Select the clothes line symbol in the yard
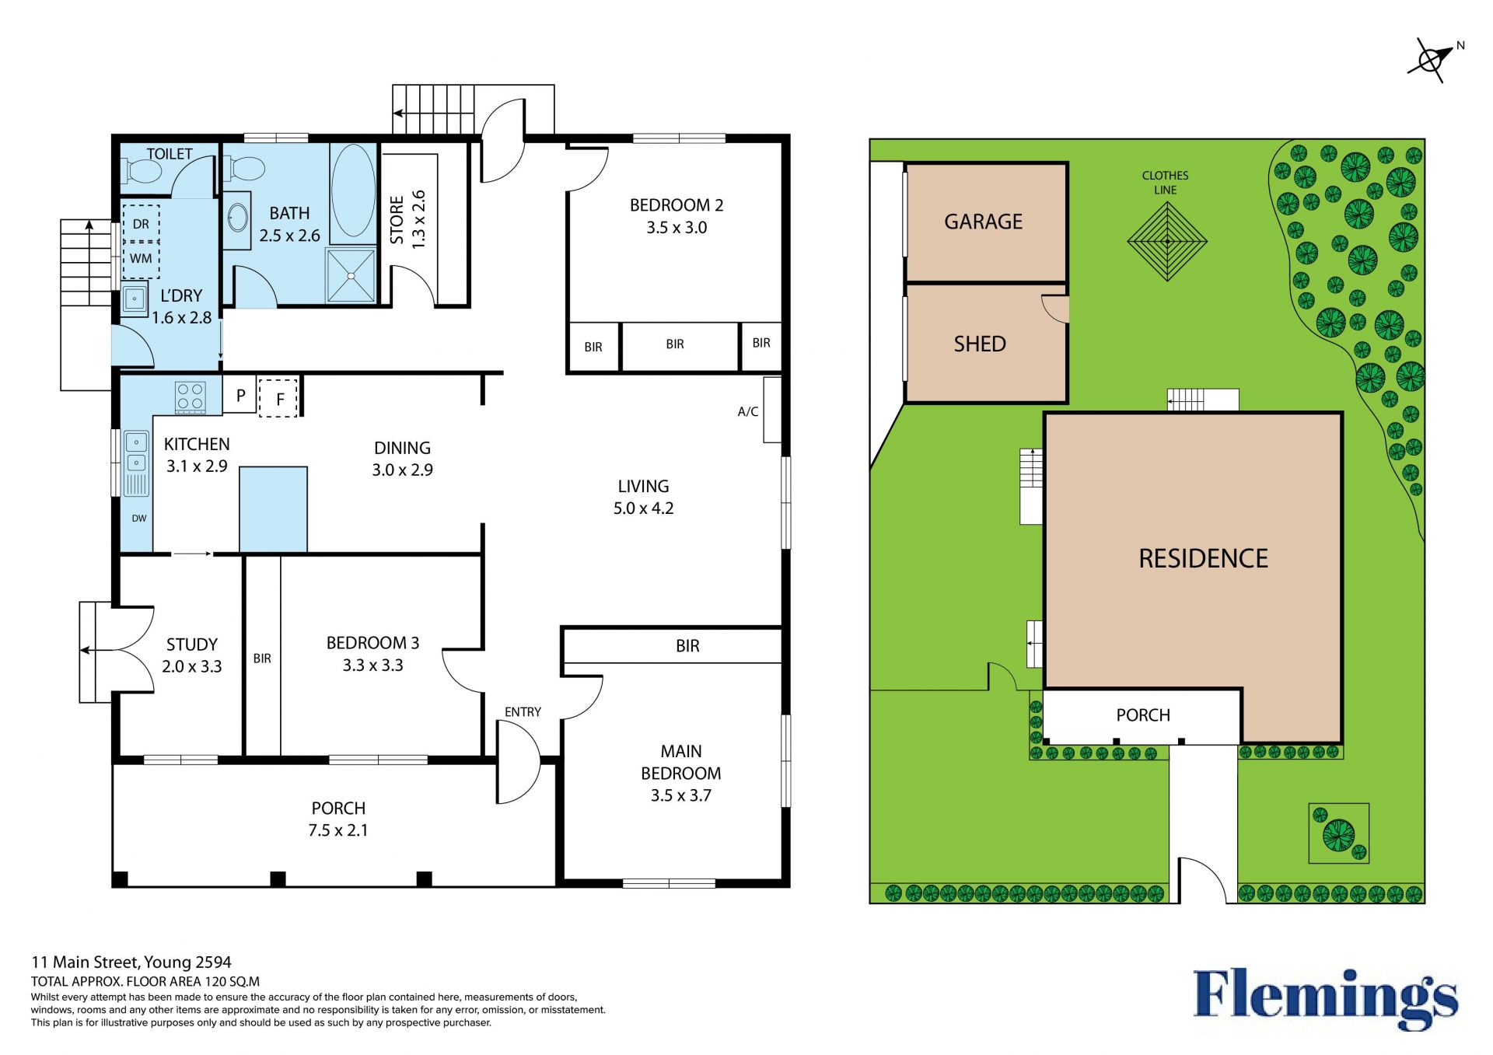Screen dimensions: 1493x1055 1167,242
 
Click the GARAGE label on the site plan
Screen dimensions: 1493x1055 983,222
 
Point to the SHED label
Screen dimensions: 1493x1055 980,344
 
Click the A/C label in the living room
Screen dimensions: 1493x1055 747,411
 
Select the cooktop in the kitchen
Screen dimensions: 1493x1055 191,396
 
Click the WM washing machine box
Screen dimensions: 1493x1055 141,259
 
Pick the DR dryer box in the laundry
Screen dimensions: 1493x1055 141,224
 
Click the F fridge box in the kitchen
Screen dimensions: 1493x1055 278,398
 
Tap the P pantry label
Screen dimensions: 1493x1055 241,395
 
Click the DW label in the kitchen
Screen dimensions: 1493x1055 139,519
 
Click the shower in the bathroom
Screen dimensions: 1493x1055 351,275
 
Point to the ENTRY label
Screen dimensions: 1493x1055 523,711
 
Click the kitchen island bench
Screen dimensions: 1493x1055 273,509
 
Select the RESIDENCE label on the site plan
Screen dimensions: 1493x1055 1203,558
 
